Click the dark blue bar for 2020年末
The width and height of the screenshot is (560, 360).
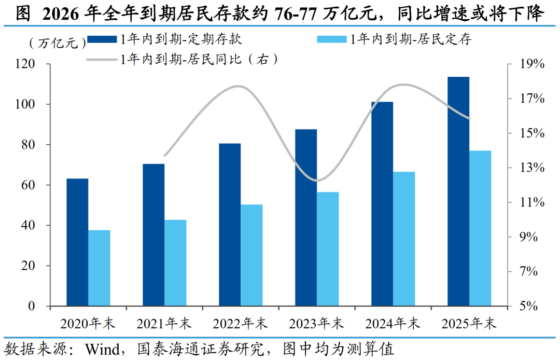[x=77, y=242]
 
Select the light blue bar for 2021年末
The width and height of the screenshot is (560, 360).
[x=175, y=263]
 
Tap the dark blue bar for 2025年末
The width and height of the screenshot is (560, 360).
[x=458, y=191]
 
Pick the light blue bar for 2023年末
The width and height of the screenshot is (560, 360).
[x=328, y=249]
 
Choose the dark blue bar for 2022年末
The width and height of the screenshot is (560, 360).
[x=230, y=225]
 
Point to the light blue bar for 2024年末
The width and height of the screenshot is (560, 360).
[x=404, y=239]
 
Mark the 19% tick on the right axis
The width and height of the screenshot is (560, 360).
[x=532, y=64]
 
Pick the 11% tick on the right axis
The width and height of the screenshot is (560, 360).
[x=532, y=203]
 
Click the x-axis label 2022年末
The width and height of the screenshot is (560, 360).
[x=240, y=324]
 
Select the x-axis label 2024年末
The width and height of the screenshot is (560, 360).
[x=393, y=324]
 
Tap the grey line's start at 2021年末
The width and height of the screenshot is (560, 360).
[x=164, y=156]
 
